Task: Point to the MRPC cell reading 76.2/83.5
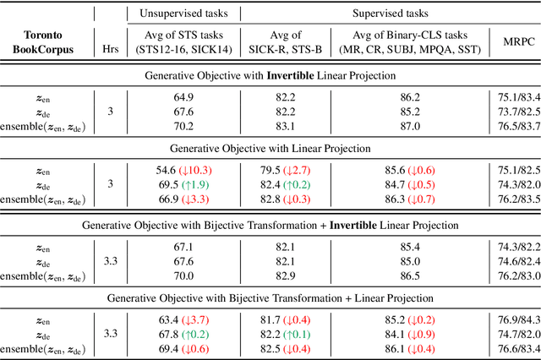click(x=515, y=198)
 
